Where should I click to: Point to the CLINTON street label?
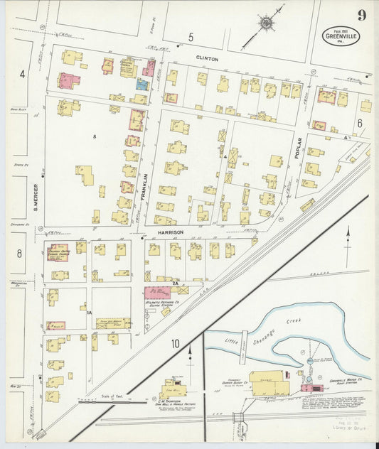[x=207, y=59]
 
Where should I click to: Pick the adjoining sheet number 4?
[x=22, y=73]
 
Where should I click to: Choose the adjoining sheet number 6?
[x=360, y=123]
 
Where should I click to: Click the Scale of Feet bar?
[x=103, y=400]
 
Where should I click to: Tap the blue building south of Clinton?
[x=142, y=85]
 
